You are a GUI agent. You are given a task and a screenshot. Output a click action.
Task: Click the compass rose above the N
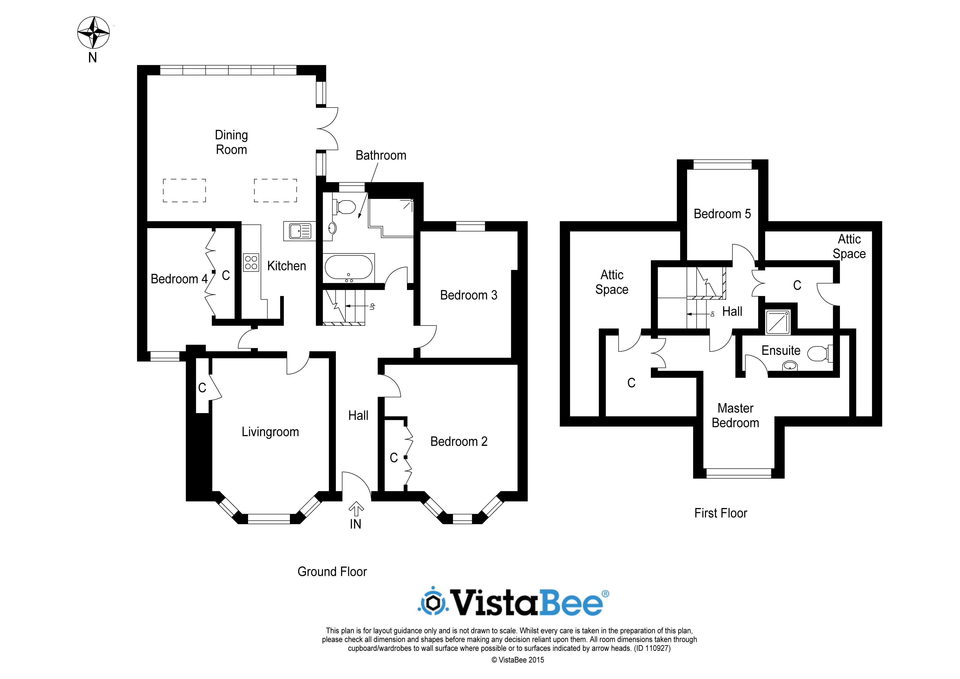[x=93, y=33]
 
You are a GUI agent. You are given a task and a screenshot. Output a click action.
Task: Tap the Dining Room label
[x=231, y=142]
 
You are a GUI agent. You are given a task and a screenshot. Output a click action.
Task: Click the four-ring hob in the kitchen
[x=251, y=262]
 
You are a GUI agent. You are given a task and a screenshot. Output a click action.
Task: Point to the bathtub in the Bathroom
[x=349, y=268]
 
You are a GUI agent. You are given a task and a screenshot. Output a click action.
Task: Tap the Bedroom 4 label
[x=179, y=279]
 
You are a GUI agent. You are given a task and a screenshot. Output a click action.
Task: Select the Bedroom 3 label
[x=469, y=295]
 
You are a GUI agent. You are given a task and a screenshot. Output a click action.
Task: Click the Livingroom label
[x=270, y=432]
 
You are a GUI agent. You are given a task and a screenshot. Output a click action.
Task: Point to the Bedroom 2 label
[x=459, y=442]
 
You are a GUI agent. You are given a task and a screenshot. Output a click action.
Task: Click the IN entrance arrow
[x=356, y=509]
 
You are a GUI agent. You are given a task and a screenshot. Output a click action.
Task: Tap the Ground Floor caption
[x=332, y=571]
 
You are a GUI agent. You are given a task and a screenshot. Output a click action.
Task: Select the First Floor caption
[x=720, y=513]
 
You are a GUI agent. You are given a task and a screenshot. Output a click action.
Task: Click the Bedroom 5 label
[x=722, y=214]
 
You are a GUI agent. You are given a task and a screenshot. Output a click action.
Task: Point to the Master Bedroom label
[x=735, y=415]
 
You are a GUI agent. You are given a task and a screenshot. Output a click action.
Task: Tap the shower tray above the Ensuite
[x=778, y=322]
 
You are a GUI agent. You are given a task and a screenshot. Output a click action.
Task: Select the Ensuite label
[x=781, y=350]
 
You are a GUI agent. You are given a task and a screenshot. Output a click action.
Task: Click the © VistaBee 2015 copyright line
[x=518, y=660]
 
